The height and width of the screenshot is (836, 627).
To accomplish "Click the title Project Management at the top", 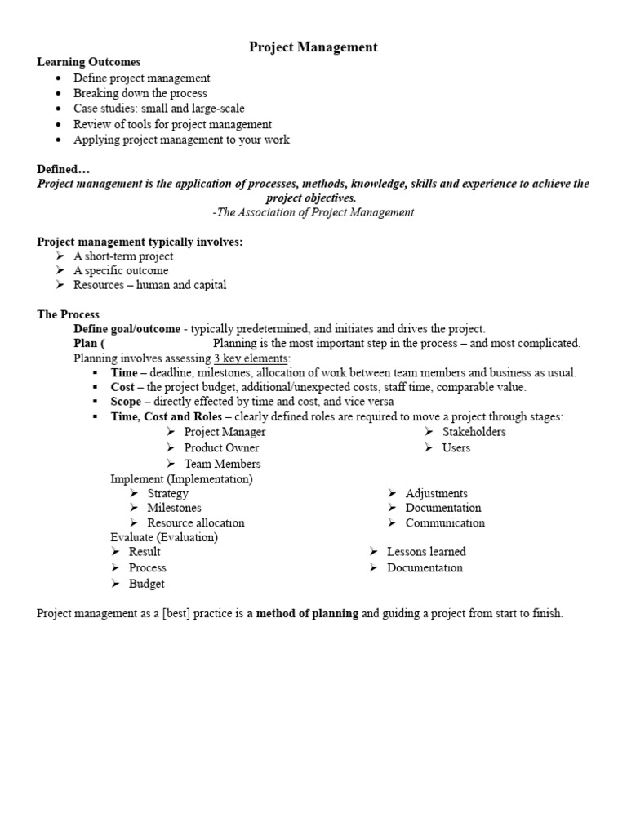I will (313, 47).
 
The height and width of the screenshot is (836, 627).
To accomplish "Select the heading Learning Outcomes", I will (88, 62).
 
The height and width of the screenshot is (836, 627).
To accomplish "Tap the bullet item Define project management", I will (141, 78).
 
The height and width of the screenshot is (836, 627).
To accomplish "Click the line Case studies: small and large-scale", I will (158, 109).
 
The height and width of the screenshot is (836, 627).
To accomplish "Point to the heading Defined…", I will (63, 169).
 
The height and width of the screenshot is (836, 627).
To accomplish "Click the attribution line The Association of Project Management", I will (313, 212).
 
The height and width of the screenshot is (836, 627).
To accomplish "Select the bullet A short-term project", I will (123, 256).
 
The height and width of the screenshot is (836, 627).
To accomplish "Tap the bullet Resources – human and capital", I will (149, 285).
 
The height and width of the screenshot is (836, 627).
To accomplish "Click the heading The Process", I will (68, 314).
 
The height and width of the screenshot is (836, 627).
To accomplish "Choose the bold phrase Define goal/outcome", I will (127, 329).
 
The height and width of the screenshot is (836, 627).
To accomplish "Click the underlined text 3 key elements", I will (251, 358).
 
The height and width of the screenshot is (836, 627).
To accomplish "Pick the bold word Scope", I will (127, 402).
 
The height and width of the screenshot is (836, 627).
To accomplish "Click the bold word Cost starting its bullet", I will (122, 387).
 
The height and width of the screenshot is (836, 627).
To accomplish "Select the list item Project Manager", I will (225, 432).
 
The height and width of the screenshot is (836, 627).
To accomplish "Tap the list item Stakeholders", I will (474, 432).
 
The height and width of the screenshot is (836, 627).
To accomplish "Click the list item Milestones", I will (174, 508).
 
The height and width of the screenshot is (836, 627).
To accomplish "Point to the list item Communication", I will (445, 522).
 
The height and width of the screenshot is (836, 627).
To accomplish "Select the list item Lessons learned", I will (426, 552).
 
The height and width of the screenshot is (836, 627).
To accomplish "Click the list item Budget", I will (146, 584).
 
